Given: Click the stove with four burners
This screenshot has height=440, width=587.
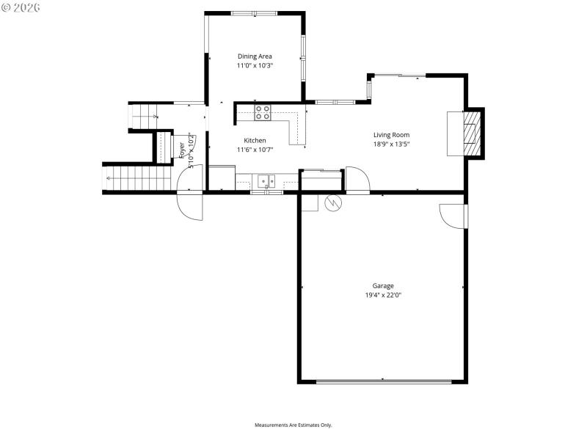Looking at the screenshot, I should click(x=263, y=112).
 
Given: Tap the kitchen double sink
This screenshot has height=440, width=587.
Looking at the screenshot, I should click(x=266, y=180).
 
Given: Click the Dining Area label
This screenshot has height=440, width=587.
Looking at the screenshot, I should click(x=255, y=56).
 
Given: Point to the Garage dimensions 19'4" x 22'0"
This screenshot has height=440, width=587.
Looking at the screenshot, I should click(x=383, y=296).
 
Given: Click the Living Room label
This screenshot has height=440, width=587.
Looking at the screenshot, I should click(x=391, y=134).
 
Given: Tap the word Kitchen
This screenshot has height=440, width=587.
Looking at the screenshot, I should click(x=255, y=140).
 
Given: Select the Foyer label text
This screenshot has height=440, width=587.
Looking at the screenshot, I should click(x=182, y=150).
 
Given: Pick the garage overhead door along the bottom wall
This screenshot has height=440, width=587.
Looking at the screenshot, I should click(x=384, y=381).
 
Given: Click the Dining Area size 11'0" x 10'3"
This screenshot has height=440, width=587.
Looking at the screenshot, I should click(x=255, y=66).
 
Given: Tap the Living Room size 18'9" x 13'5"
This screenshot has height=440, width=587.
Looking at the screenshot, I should click(x=391, y=144).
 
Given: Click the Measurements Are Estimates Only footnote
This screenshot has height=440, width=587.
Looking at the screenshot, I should click(x=293, y=425).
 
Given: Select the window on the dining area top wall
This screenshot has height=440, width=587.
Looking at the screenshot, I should click(x=255, y=13).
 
